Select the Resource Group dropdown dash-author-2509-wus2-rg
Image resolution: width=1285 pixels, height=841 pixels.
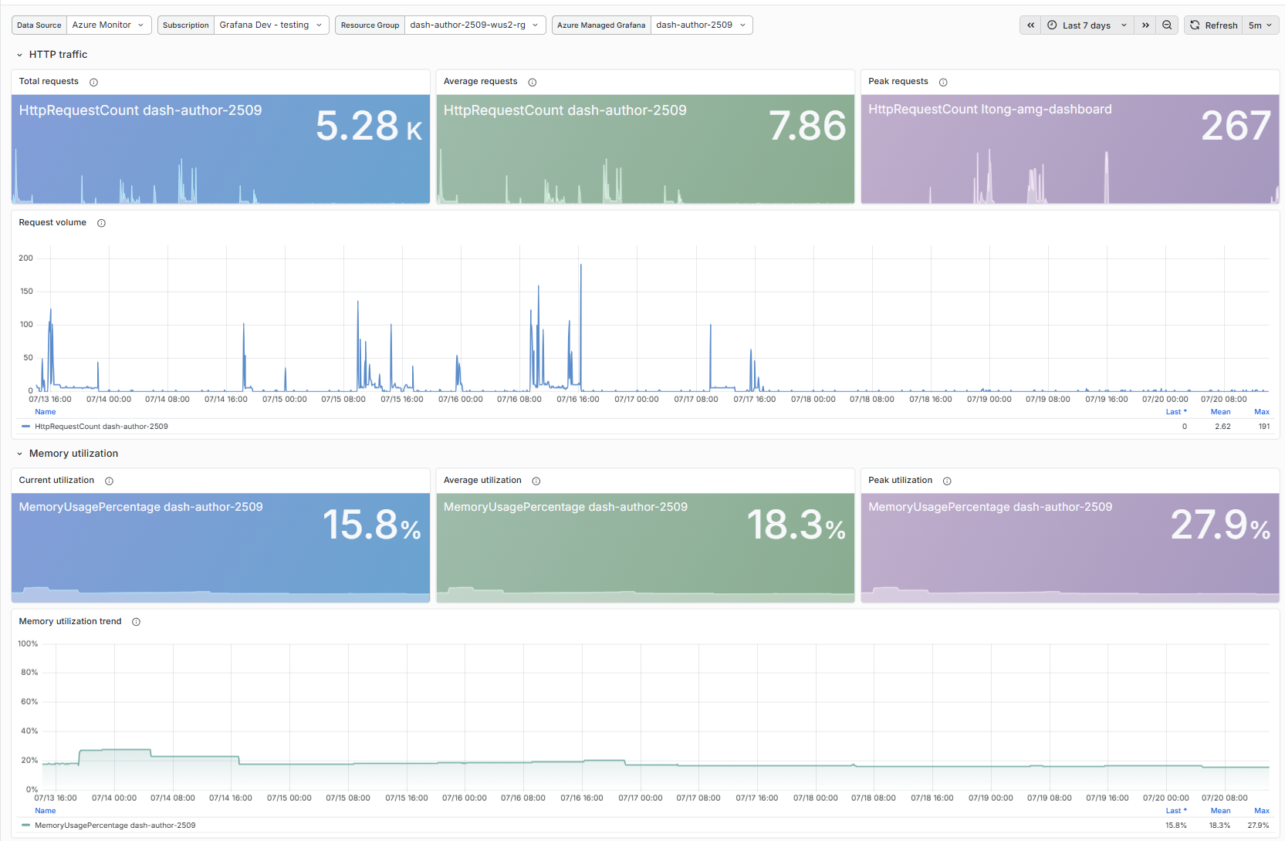[x=475, y=25]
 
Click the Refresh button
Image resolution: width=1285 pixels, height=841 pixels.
[x=1215, y=25]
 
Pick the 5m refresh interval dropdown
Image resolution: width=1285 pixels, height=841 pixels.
[x=1260, y=25]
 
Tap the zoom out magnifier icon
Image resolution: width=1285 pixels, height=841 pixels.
[x=1167, y=25]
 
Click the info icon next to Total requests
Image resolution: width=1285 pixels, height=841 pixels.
[x=93, y=82]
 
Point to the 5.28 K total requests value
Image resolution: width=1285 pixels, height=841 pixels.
[x=369, y=127]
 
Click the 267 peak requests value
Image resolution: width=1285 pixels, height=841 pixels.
[x=1236, y=127]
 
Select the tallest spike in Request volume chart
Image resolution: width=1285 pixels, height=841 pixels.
[x=580, y=265]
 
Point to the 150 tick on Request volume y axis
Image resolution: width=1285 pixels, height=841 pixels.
[x=26, y=292]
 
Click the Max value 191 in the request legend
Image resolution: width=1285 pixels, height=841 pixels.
[x=1263, y=426]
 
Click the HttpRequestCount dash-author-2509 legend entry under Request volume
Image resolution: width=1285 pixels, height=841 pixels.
[x=101, y=426]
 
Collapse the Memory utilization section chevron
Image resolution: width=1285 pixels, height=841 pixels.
[x=19, y=454]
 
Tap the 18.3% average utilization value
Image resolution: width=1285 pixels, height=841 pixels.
[x=796, y=525]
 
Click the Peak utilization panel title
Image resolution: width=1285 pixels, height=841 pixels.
[x=900, y=480]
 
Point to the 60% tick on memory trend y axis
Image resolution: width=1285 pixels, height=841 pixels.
[x=29, y=701]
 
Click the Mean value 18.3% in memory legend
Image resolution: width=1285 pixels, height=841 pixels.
[x=1219, y=826]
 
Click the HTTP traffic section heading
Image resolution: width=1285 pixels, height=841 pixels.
[x=58, y=55]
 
